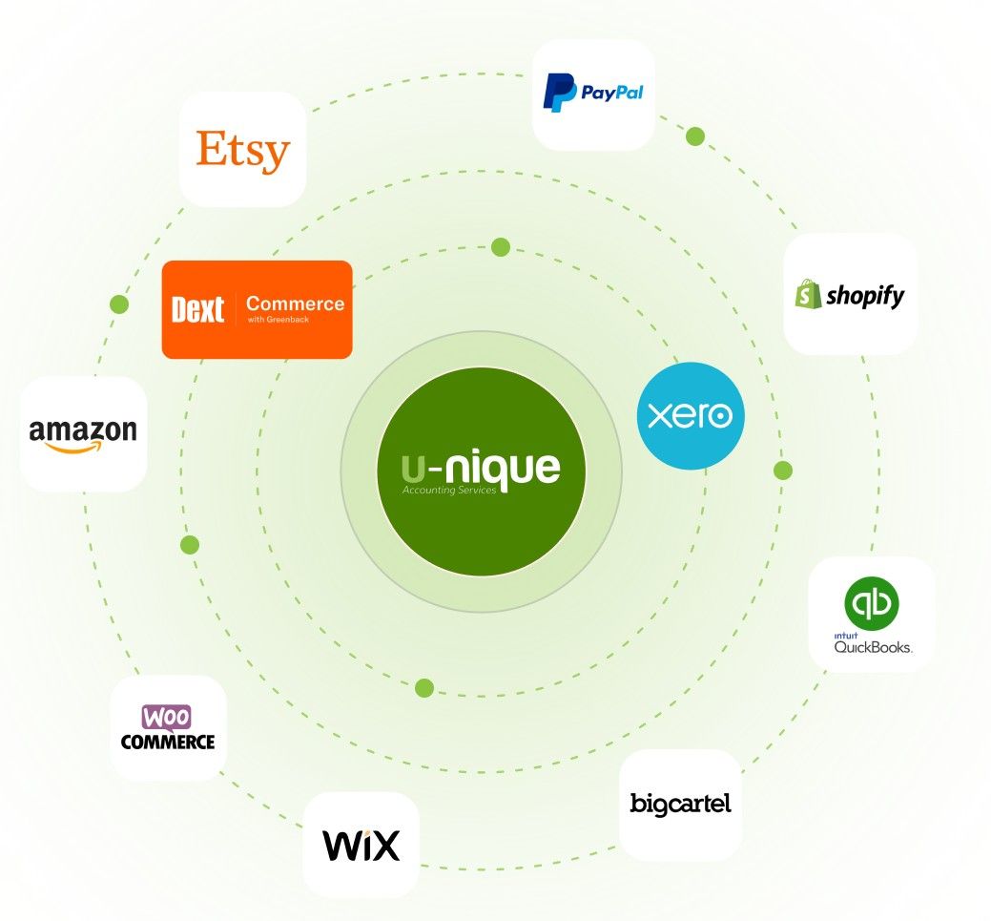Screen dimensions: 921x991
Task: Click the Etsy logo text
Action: pos(242,151)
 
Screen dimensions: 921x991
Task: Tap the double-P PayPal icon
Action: pos(559,94)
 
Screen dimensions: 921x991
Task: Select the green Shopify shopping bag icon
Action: pos(809,293)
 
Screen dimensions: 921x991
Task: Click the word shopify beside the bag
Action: pos(864,296)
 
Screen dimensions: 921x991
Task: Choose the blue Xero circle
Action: pos(690,416)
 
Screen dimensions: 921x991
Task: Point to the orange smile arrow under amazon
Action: pos(82,447)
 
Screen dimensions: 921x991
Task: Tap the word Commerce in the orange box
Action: pos(295,304)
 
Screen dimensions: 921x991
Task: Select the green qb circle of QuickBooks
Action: pos(871,603)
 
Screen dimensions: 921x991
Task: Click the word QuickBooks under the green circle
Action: pos(873,646)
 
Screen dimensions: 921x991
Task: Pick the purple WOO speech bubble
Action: pos(167,717)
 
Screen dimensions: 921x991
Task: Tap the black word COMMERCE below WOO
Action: pos(168,741)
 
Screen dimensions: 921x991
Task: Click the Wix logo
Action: pos(361,845)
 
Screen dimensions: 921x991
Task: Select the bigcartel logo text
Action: pos(680,804)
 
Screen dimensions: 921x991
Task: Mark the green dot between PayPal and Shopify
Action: pos(695,136)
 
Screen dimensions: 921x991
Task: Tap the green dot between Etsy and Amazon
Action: pos(119,304)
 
